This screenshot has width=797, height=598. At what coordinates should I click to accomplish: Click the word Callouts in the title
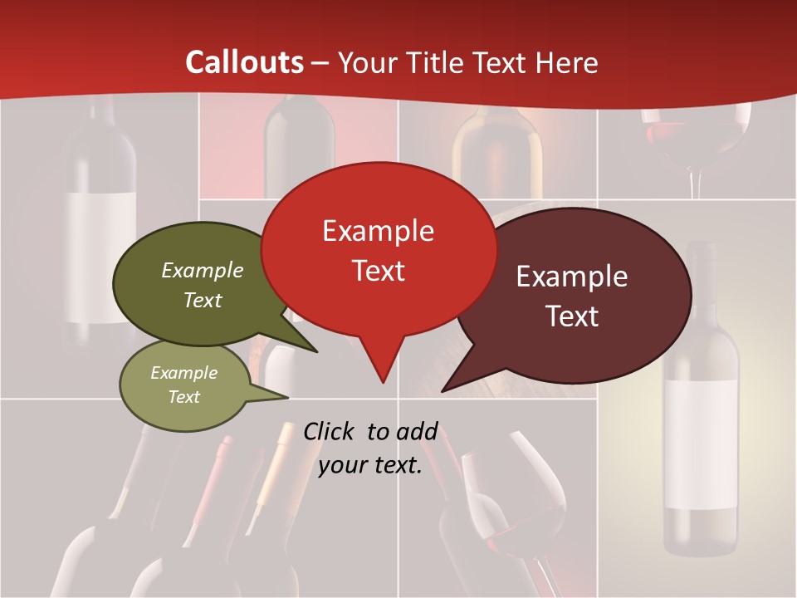click(244, 62)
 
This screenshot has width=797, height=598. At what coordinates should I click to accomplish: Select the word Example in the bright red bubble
click(378, 231)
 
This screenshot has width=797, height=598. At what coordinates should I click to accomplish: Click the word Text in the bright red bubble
click(378, 270)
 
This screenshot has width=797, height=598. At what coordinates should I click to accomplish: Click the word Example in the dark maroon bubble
click(572, 277)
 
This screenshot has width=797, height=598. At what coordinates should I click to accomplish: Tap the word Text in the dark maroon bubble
click(572, 316)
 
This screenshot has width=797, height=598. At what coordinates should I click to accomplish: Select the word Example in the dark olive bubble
click(203, 270)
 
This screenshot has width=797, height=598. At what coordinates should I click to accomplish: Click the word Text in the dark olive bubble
click(203, 300)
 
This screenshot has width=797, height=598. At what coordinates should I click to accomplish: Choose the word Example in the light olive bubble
click(183, 373)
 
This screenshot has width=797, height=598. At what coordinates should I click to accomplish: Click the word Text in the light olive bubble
click(183, 397)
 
